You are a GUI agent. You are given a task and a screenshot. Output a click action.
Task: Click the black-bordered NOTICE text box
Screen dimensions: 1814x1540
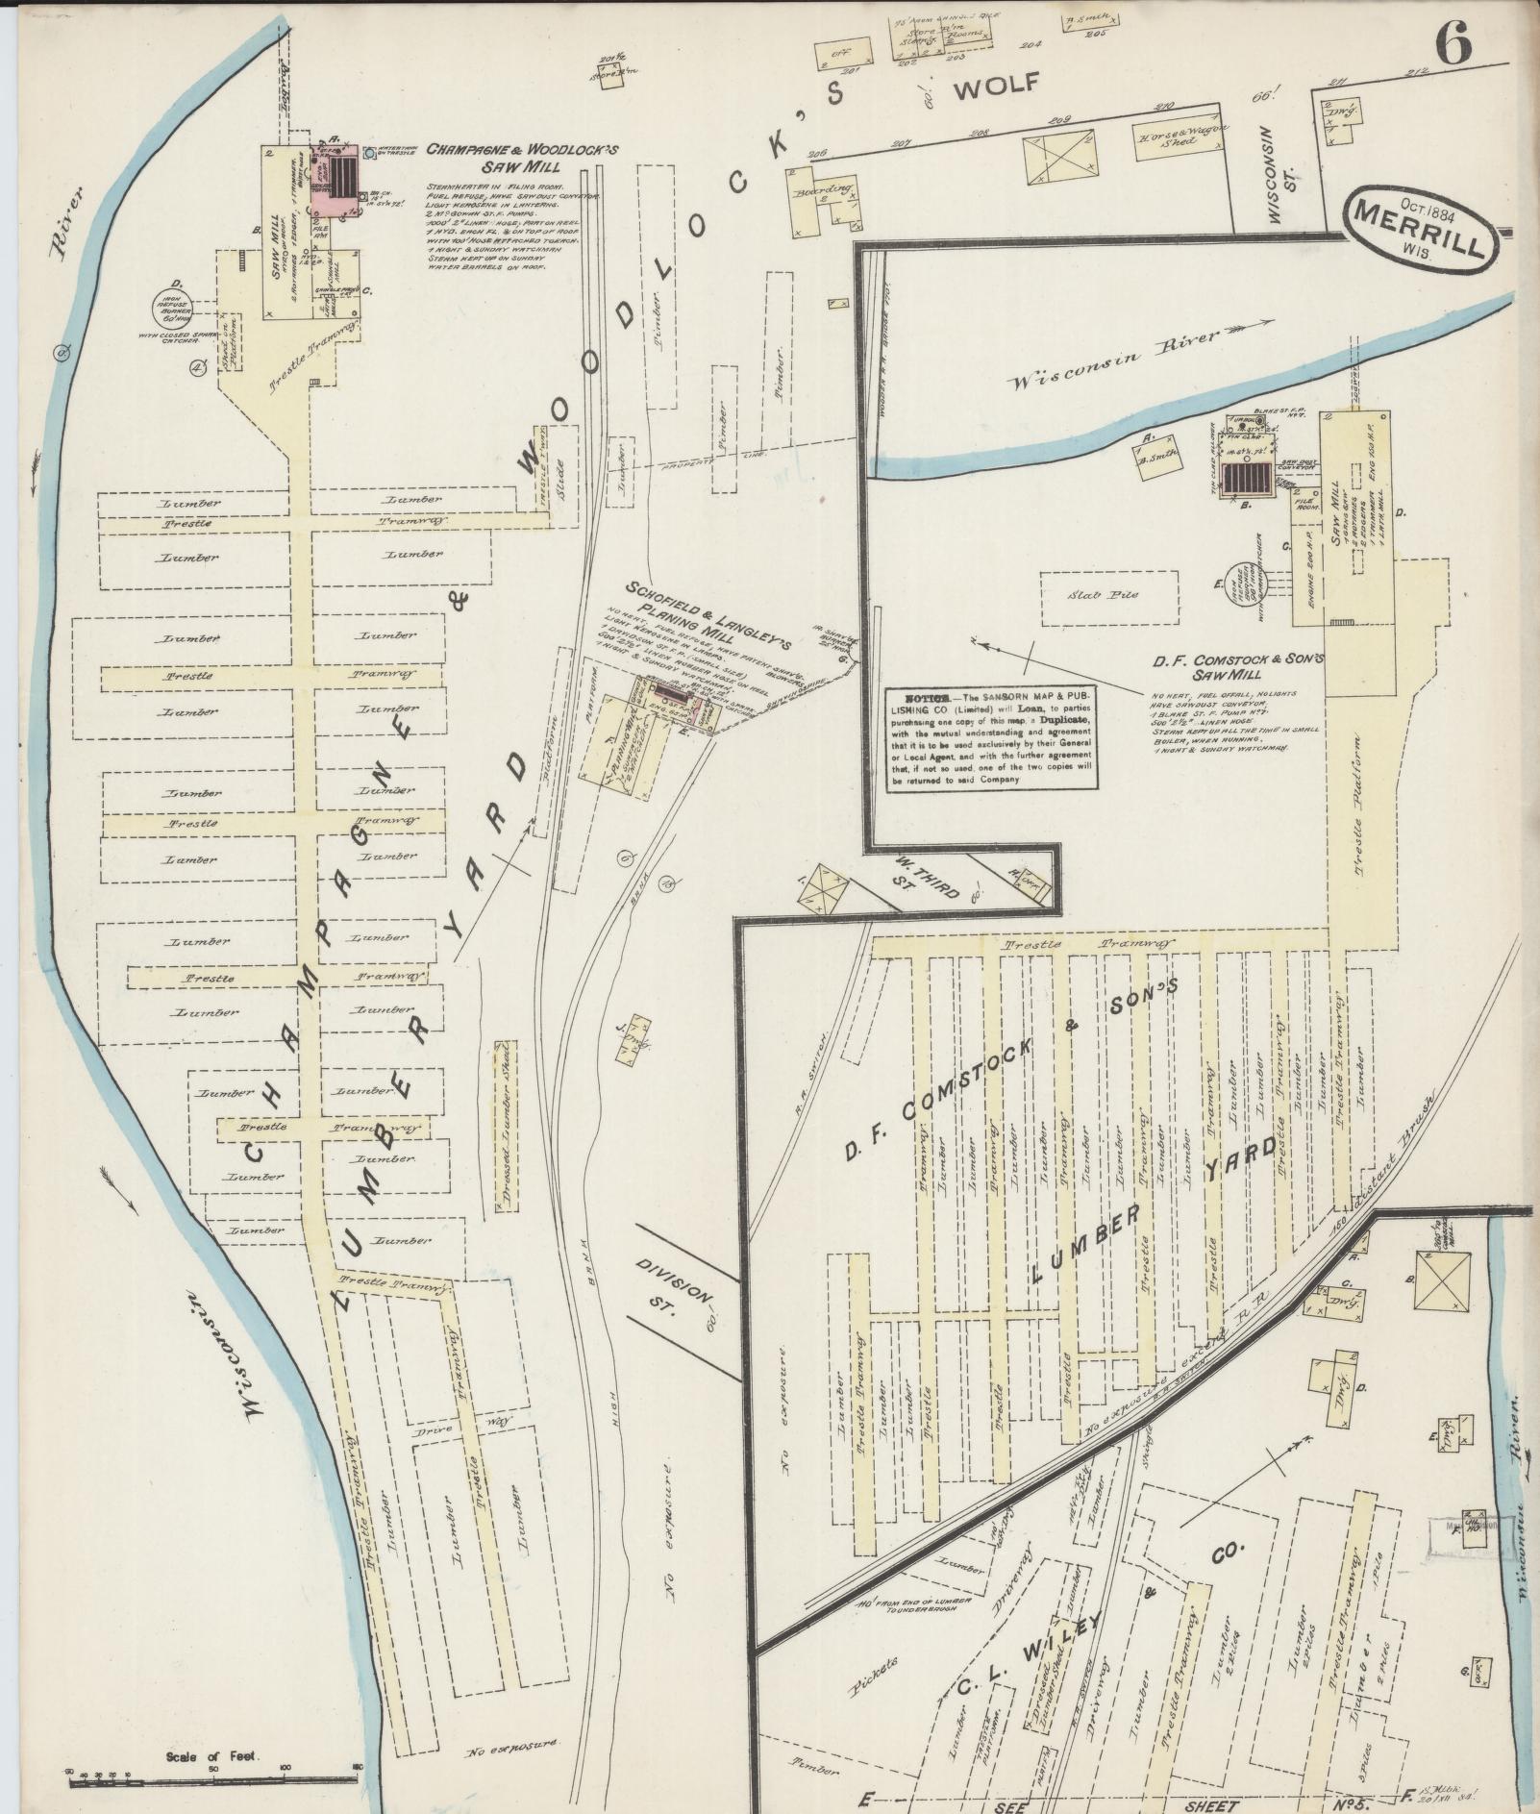(x=993, y=736)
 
